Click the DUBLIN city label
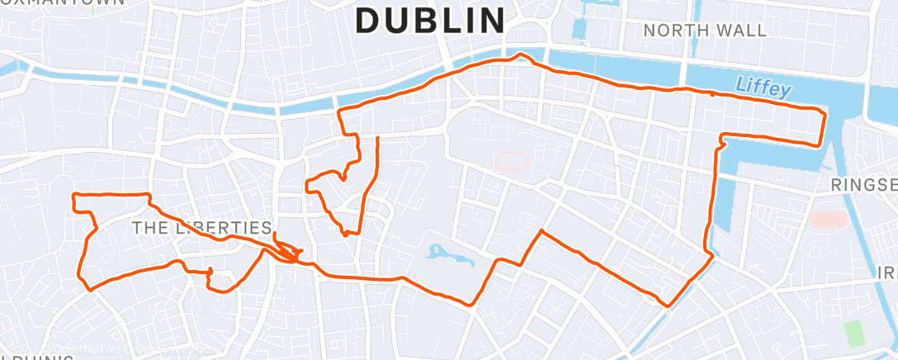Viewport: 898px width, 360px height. pyautogui.click(x=430, y=21)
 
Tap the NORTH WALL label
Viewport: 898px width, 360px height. pyautogui.click(x=705, y=31)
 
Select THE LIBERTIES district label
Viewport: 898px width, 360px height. pyautogui.click(x=202, y=227)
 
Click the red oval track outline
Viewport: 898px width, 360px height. pyautogui.click(x=512, y=160)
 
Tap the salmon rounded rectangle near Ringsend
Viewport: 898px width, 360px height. pyautogui.click(x=829, y=220)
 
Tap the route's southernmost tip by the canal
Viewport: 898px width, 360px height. pyautogui.click(x=669, y=306)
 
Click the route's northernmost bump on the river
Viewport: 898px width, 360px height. pyautogui.click(x=520, y=55)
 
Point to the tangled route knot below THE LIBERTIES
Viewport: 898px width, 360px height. pyautogui.click(x=285, y=253)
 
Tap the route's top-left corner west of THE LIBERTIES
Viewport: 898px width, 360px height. pyautogui.click(x=75, y=195)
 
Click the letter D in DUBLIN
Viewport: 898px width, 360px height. pyautogui.click(x=368, y=21)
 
